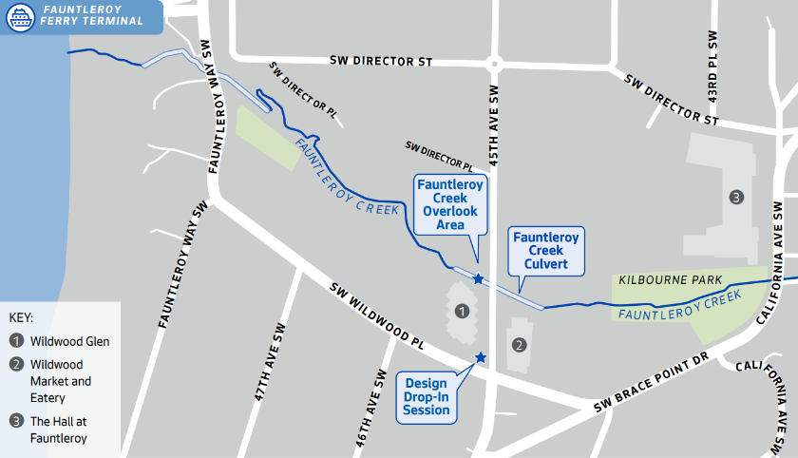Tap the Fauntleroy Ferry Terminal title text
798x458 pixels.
(92, 14)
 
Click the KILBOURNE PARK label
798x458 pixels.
(671, 280)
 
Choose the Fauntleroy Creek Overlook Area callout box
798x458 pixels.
(450, 204)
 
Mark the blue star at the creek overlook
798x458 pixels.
(478, 279)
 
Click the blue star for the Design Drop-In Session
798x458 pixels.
(481, 357)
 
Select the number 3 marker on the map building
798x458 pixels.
(735, 197)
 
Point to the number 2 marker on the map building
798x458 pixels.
(519, 344)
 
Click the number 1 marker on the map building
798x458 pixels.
(462, 311)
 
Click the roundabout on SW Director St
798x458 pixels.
(493, 65)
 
